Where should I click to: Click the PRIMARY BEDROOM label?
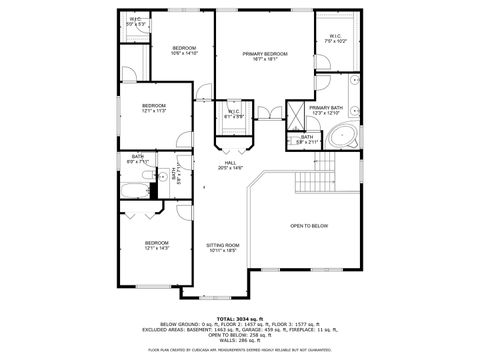pyautogui.click(x=265, y=54)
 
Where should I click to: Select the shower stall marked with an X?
pyautogui.click(x=296, y=112)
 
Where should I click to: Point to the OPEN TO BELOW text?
pyautogui.click(x=309, y=226)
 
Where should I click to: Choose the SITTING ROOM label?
pyautogui.click(x=223, y=245)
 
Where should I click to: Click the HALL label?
pyautogui.click(x=230, y=163)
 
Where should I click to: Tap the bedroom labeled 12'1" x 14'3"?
pyautogui.click(x=156, y=243)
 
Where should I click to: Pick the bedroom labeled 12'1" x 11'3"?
pyautogui.click(x=153, y=106)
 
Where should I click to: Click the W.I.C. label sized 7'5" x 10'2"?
pyautogui.click(x=335, y=38)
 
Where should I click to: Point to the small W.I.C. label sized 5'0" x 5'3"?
pyautogui.click(x=134, y=20)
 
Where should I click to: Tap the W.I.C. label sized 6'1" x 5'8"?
pyautogui.click(x=233, y=112)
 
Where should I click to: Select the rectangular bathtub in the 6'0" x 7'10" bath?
pyautogui.click(x=133, y=187)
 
